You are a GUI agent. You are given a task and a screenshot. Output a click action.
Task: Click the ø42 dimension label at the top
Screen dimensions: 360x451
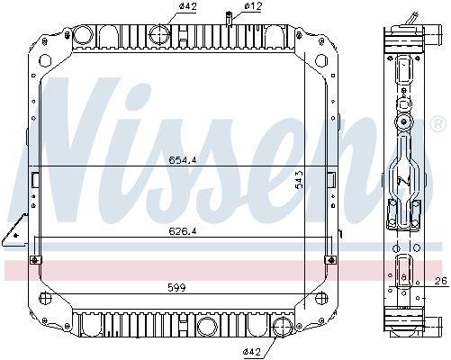coord(162,7)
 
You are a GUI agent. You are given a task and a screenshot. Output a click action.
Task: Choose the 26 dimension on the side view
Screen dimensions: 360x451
coord(440,282)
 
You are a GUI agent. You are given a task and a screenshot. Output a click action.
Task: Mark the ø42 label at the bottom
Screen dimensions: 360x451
coord(254,350)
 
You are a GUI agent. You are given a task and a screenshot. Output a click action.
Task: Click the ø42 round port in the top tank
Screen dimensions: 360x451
coord(159,35)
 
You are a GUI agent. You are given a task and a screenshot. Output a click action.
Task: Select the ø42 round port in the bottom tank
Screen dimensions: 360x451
coord(283,327)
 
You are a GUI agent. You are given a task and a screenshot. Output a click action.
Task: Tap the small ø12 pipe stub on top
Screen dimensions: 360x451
coord(230,17)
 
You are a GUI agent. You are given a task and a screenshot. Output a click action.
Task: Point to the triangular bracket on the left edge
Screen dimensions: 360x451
coord(14,236)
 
